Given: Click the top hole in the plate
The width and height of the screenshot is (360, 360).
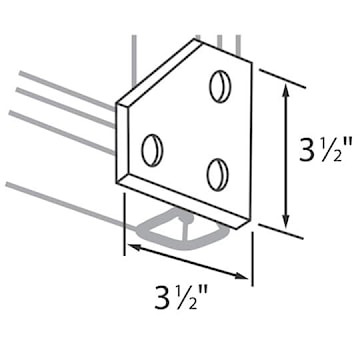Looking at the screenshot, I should (x=219, y=86).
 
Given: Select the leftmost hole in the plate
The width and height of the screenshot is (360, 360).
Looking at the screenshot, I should (x=152, y=149).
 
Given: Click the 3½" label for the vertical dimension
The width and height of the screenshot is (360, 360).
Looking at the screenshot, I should (x=323, y=155).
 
